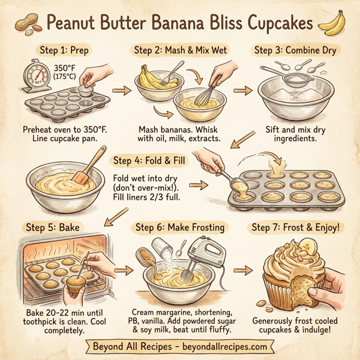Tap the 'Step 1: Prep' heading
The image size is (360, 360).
[61, 50]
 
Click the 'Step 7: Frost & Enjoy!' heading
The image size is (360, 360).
[296, 227]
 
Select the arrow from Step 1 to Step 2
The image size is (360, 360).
[122, 91]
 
